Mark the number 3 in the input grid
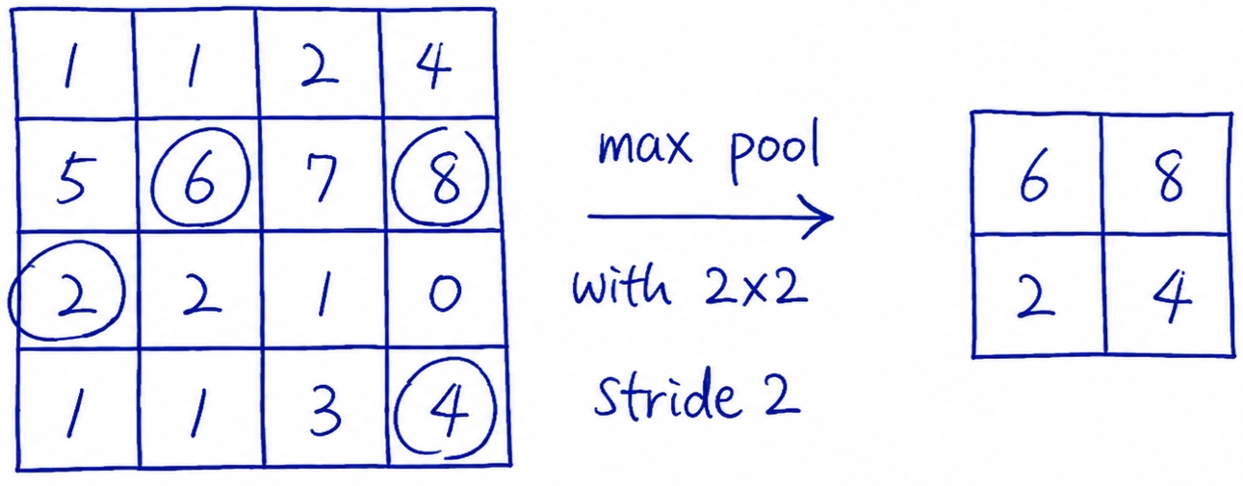[x=325, y=411]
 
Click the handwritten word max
[x=645, y=147]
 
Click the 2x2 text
[x=756, y=287]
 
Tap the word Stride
[x=667, y=395]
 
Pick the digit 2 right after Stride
[x=782, y=398]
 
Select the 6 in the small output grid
[x=1034, y=175]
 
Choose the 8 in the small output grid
[x=1170, y=176]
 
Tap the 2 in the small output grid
[x=1035, y=298]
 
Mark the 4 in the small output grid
[x=1172, y=296]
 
